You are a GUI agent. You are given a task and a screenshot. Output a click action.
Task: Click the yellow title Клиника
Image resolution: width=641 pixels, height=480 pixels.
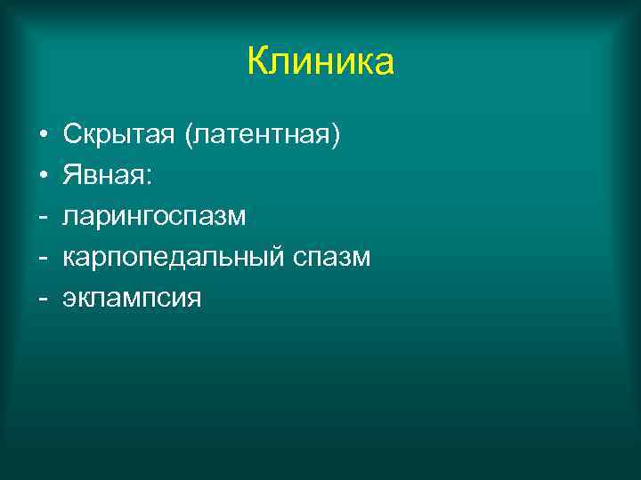click(320, 62)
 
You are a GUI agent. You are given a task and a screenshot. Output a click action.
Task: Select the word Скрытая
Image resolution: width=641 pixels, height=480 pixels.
click(120, 135)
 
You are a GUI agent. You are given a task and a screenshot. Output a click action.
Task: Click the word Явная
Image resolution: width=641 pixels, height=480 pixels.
click(105, 176)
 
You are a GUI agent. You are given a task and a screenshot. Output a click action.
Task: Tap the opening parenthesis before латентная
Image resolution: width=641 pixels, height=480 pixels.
click(189, 136)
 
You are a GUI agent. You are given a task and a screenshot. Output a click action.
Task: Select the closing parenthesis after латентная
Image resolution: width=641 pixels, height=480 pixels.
click(336, 136)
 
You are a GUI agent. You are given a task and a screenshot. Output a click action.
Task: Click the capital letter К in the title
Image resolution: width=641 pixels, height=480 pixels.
click(259, 62)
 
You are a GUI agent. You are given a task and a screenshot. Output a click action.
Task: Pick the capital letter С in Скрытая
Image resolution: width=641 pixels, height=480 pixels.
click(72, 135)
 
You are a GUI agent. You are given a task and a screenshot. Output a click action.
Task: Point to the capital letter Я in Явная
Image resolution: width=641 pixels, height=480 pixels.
click(71, 176)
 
